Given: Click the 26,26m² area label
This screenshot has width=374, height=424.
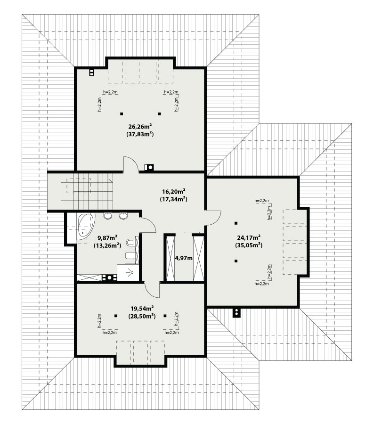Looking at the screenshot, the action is click(x=140, y=126).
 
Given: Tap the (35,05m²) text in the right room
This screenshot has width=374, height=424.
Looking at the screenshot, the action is click(x=249, y=245).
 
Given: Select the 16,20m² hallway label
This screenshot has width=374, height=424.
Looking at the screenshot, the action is click(x=174, y=192).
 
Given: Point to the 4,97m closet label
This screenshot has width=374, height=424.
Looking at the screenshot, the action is click(x=184, y=258).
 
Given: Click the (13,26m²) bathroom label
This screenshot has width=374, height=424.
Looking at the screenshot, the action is click(x=107, y=245).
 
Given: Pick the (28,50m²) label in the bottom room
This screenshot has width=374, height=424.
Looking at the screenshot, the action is click(x=142, y=316).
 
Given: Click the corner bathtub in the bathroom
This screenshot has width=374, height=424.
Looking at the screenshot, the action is click(x=85, y=226).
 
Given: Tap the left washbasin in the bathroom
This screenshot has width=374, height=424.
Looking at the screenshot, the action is click(x=108, y=215).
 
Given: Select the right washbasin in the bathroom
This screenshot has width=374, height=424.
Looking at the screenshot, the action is click(x=123, y=215).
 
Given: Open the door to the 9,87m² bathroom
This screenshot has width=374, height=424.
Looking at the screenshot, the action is click(x=148, y=224).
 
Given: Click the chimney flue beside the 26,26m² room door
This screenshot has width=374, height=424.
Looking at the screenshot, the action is click(x=149, y=168).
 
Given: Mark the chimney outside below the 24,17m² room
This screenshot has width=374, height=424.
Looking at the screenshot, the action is click(x=236, y=312).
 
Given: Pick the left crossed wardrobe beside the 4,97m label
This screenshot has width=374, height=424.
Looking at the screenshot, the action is click(x=171, y=259).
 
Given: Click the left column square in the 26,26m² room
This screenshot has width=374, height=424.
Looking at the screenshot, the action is click(x=122, y=114).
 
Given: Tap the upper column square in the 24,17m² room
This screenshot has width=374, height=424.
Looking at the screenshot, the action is click(x=236, y=223).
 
